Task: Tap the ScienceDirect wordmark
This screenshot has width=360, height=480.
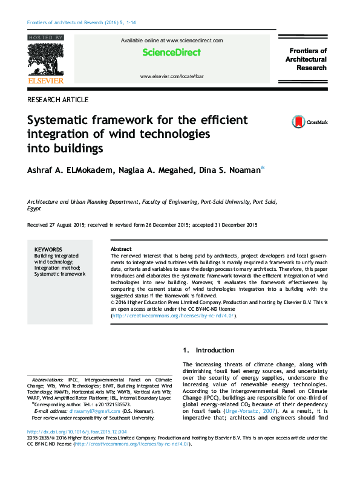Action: tap(171, 53)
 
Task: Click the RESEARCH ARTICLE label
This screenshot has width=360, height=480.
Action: tap(58, 100)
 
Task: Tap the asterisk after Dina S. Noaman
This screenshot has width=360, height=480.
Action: tap(262, 169)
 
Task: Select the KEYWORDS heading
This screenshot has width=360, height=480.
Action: tap(48, 249)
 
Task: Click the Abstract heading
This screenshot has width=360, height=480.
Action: tap(121, 249)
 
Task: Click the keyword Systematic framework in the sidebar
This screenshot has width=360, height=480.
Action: tap(59, 274)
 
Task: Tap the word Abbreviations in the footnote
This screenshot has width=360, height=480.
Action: tap(48, 378)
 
